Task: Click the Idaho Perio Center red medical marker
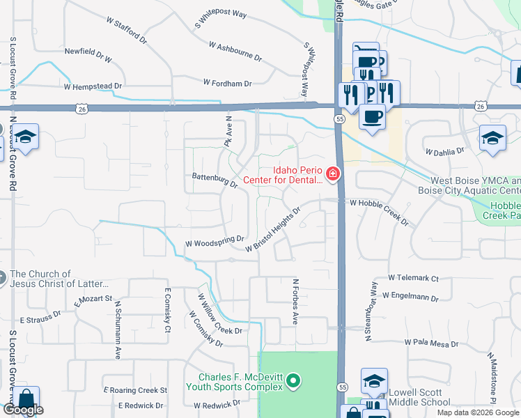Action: [333, 173]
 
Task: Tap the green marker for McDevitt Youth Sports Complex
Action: [293, 381]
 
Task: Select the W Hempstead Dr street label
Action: [93, 87]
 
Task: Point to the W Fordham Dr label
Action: [227, 83]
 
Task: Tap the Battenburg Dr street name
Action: [215, 180]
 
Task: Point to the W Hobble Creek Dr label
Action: [379, 210]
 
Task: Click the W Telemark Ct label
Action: [413, 278]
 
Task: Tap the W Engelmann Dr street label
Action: [410, 297]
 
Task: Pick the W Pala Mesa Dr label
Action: [432, 343]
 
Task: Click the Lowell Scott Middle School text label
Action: [419, 397]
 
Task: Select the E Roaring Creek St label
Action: [135, 390]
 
